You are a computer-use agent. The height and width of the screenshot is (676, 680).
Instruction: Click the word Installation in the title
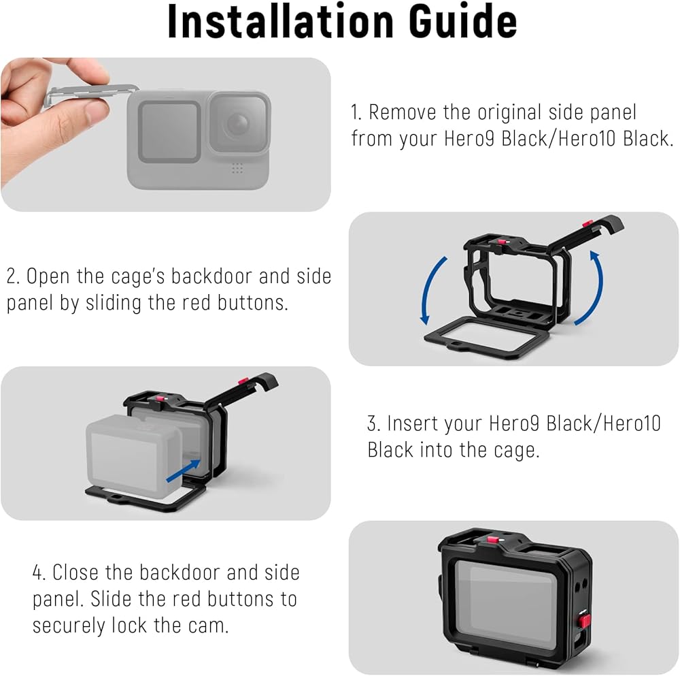point(281,21)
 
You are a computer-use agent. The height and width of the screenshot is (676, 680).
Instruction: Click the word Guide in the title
point(462,21)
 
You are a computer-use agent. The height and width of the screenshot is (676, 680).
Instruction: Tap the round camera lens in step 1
point(237,124)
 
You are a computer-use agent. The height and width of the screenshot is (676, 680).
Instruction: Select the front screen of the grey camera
point(169,132)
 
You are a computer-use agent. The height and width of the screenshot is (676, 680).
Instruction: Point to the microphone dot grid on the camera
point(237,168)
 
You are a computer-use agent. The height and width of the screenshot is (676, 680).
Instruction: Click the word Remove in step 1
point(403,112)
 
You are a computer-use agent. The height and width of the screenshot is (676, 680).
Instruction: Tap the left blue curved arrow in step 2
point(432,290)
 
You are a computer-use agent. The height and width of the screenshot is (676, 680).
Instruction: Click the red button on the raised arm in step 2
point(588,223)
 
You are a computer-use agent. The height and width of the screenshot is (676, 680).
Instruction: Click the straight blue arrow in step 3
point(184,470)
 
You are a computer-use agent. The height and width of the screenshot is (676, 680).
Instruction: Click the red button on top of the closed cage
point(492,540)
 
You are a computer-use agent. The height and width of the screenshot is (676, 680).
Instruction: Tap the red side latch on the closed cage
point(585,621)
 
